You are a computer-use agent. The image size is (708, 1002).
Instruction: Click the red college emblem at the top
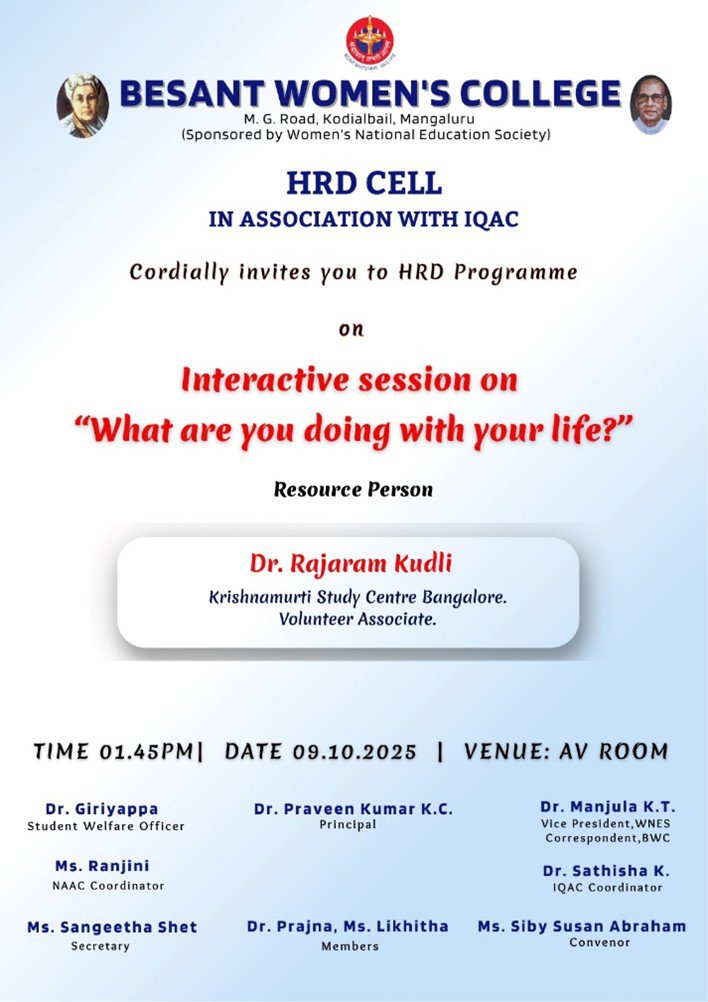(369, 41)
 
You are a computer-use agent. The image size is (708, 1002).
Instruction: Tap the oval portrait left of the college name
(82, 105)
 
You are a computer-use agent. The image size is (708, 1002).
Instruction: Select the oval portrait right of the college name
(650, 105)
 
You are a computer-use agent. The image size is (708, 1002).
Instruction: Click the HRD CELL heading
(364, 183)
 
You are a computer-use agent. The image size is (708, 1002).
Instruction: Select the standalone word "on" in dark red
(351, 329)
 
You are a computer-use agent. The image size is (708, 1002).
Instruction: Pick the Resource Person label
(353, 489)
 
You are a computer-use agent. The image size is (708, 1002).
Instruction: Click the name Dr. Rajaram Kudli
(351, 564)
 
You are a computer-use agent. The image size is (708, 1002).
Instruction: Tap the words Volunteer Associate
(357, 619)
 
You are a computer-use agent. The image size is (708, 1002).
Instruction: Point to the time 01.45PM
(146, 752)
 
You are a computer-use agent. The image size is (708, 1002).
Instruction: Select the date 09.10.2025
(355, 752)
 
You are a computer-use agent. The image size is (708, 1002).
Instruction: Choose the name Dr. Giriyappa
(102, 809)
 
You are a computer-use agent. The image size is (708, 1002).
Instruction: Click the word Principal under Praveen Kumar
(348, 825)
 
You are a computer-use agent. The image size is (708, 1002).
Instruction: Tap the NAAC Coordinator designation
(108, 886)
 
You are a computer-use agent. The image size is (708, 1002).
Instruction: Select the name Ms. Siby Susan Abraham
(581, 927)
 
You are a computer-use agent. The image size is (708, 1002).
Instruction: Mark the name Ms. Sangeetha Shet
(112, 927)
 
